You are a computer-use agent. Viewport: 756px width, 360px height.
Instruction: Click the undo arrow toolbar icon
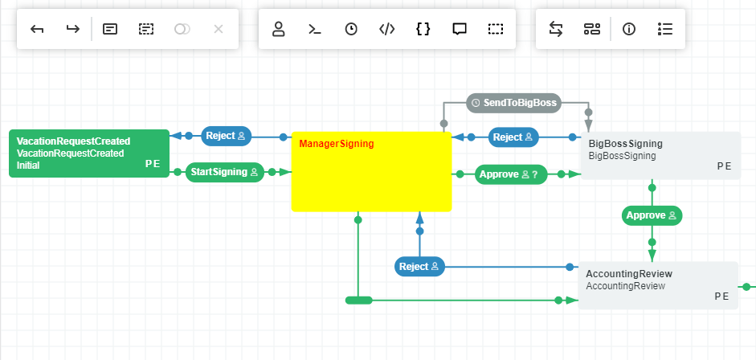[x=37, y=30]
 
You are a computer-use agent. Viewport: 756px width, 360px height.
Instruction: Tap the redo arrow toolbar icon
[x=73, y=30]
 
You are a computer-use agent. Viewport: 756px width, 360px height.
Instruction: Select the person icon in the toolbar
[x=279, y=30]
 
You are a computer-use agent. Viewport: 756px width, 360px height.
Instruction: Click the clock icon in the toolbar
[x=351, y=30]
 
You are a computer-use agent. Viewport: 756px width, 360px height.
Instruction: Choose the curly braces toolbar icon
[x=423, y=30]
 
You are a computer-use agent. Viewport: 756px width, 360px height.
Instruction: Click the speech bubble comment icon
[x=460, y=30]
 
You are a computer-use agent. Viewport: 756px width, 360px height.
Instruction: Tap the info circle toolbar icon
[x=629, y=30]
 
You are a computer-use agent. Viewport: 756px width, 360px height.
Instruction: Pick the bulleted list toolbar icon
[x=665, y=30]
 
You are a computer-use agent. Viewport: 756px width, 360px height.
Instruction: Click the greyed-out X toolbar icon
[x=219, y=30]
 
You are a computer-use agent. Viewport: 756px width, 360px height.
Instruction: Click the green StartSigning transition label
[x=225, y=172]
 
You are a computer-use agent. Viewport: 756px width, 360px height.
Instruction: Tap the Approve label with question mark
[x=510, y=174]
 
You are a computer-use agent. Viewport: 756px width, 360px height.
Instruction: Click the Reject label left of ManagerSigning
[x=226, y=136]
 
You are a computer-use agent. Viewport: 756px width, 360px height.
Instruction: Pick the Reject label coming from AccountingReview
[x=419, y=267]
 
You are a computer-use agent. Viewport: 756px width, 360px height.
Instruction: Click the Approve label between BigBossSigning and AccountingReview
[x=652, y=215]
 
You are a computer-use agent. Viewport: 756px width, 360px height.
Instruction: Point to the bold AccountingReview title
[x=629, y=274]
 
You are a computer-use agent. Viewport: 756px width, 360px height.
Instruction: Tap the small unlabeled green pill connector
[x=358, y=301]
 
